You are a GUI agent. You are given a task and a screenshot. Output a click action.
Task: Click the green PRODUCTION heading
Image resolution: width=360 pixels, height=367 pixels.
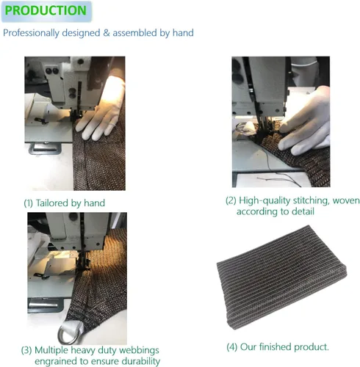[46, 10]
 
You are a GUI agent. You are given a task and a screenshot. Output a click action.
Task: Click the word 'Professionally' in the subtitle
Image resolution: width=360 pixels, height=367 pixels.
[31, 33]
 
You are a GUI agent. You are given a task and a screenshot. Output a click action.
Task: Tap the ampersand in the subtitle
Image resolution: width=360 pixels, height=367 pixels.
[107, 33]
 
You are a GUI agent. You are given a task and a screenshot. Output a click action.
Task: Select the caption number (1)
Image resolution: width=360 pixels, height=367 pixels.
[28, 203]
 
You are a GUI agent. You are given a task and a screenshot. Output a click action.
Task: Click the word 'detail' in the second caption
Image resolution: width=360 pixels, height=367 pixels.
[303, 211]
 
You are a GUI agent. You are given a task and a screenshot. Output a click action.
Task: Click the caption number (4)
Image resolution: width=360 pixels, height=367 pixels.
[231, 347]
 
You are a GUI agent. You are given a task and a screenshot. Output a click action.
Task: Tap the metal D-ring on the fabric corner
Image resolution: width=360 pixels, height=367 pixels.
[68, 334]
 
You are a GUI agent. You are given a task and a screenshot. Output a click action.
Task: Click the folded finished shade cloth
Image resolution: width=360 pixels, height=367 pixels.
[281, 277]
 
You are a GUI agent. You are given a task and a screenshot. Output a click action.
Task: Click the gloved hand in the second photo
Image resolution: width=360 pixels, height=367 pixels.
[305, 123]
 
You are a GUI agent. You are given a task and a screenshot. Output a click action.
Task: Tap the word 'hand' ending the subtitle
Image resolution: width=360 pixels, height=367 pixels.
[183, 32]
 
